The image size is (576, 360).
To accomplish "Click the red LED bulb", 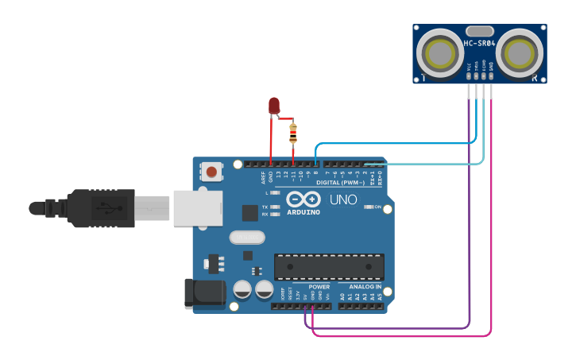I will (x=274, y=106).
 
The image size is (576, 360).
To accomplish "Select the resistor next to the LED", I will (x=293, y=134).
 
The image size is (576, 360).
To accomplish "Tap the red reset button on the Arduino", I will (x=211, y=171).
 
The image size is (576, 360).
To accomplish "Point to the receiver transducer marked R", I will (x=520, y=53).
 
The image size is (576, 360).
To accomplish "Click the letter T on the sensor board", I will (x=424, y=78).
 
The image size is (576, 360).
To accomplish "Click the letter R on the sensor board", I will (x=535, y=78).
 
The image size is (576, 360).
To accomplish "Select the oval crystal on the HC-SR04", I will (x=480, y=30).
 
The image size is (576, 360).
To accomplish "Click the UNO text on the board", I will (x=343, y=199).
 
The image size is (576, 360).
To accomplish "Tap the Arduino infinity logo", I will (x=303, y=199).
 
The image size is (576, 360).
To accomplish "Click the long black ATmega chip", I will (x=329, y=267).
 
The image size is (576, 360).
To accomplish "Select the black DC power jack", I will (x=204, y=292).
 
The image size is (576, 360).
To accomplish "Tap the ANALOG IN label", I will (x=365, y=287).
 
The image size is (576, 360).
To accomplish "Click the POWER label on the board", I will (x=319, y=287).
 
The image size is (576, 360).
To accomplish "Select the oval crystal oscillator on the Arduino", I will (x=246, y=237).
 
